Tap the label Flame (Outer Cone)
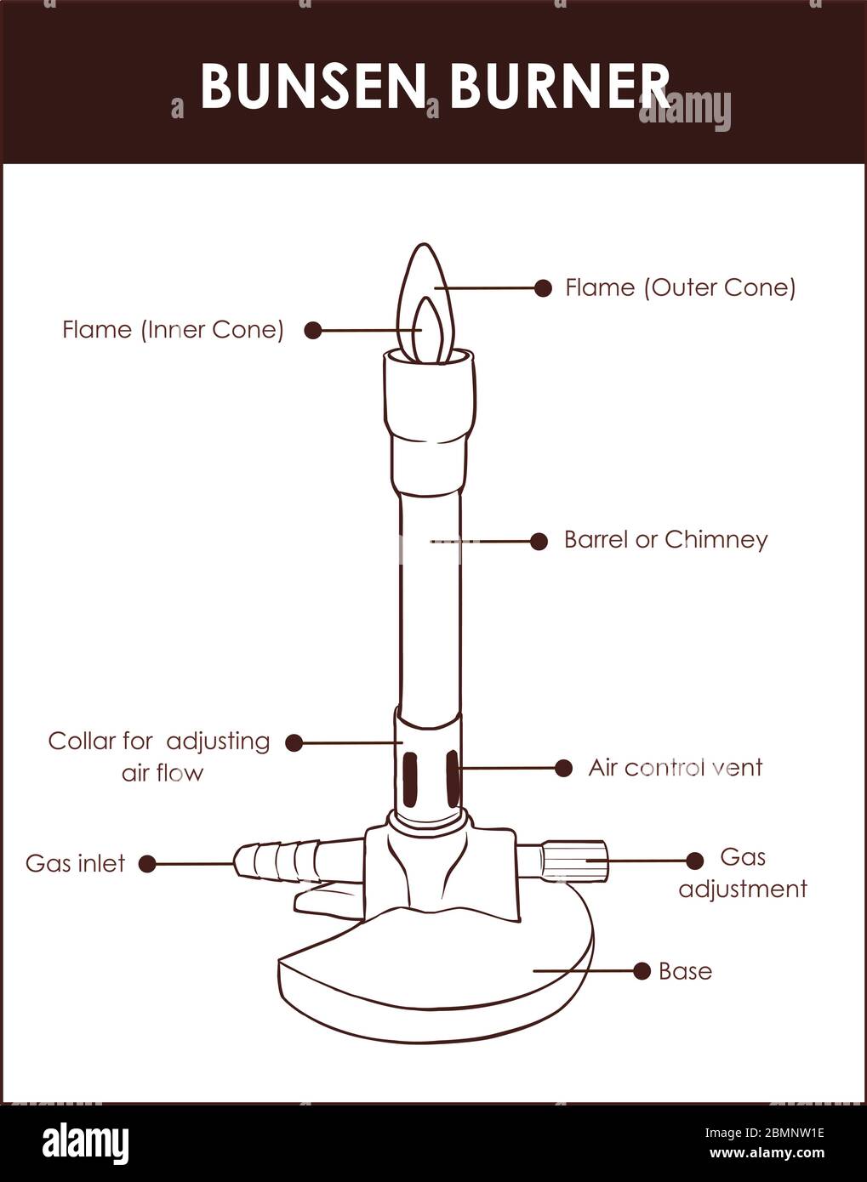(x=680, y=287)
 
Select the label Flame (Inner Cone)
(x=173, y=330)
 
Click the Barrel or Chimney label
(x=665, y=540)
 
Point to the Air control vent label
(x=675, y=768)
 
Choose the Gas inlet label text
(x=75, y=864)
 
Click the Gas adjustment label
(x=742, y=873)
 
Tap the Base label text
(x=685, y=971)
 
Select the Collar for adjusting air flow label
(x=159, y=756)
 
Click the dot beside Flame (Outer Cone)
(x=543, y=288)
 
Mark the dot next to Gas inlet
(x=147, y=864)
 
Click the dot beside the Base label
(x=642, y=971)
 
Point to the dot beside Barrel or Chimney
(x=539, y=541)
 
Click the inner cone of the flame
(x=431, y=332)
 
